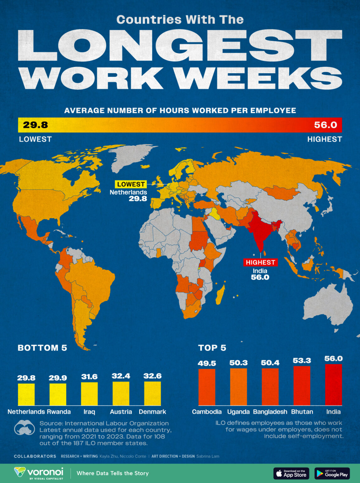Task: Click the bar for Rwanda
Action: pos(58,394)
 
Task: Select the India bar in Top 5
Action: pos(333,385)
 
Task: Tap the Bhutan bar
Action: pos(302,386)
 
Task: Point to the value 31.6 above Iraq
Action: pos(89,377)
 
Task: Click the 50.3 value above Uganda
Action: pos(238,363)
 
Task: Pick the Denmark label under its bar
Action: pos(152,412)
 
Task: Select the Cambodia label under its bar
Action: pos(207,412)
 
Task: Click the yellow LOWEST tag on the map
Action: pos(131,184)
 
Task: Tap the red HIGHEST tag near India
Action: pos(260,262)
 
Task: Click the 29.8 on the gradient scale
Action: pos(35,125)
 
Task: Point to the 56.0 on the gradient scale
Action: pos(325,125)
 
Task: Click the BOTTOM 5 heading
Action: pos(42,348)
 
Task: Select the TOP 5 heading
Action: pos(212,348)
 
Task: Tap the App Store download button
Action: pos(291,473)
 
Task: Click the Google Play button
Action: pos(332,473)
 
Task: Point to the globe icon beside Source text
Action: pos(24,428)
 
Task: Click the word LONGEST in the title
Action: pos(180,46)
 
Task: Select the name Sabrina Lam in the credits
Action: pos(208,456)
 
